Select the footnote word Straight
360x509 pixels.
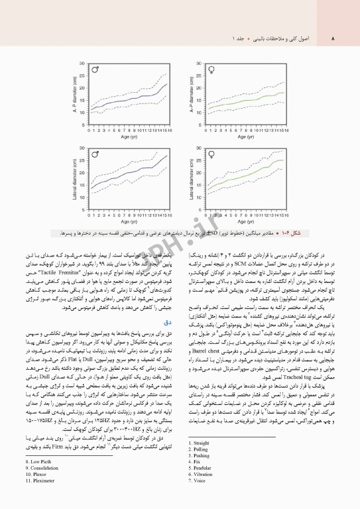[x=201, y=442]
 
